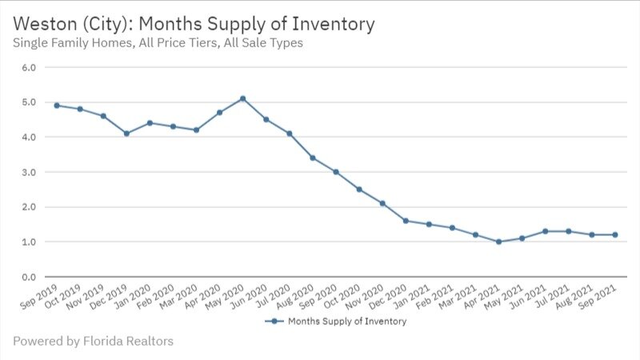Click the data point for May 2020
[x=242, y=98]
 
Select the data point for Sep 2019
[x=57, y=106]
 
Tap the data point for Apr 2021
[x=498, y=242]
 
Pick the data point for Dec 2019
[x=126, y=134]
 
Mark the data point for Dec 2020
[x=406, y=221]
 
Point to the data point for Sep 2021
[x=614, y=234]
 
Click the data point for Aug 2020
[x=313, y=158]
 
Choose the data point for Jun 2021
[x=545, y=231]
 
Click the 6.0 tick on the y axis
[x=29, y=67]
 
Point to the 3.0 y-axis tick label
[x=29, y=172]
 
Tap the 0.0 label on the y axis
[x=29, y=277]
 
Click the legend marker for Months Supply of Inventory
[x=274, y=322]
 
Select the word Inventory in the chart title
[x=335, y=24]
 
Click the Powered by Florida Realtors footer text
[x=93, y=341]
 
